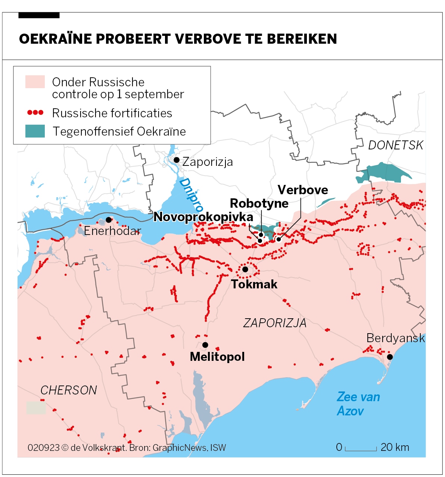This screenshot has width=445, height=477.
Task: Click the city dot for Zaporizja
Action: tap(177, 160)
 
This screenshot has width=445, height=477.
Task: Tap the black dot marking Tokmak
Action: tap(245, 269)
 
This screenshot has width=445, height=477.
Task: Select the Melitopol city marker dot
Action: tap(205, 345)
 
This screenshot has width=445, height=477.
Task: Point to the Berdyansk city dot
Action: tap(390, 357)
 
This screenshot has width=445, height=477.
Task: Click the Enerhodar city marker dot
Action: tap(109, 220)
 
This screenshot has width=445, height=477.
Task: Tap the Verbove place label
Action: tap(302, 190)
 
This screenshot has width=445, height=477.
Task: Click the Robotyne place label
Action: tap(259, 204)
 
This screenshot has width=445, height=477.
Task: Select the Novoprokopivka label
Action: tap(203, 217)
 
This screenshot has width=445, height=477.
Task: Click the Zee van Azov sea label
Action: tap(358, 404)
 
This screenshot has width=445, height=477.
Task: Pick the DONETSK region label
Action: tap(395, 145)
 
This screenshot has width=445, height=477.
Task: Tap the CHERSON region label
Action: tap(68, 390)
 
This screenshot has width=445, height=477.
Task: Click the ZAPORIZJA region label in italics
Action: tap(275, 323)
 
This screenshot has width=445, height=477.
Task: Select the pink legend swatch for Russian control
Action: tap(35, 82)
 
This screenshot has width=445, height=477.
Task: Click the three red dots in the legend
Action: tap(35, 112)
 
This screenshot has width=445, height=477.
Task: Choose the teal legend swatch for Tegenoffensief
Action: tap(35, 131)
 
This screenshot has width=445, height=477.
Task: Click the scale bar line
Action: tap(361, 450)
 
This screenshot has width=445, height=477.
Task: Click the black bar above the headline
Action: tap(39, 15)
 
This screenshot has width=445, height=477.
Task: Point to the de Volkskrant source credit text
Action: tap(127, 447)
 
